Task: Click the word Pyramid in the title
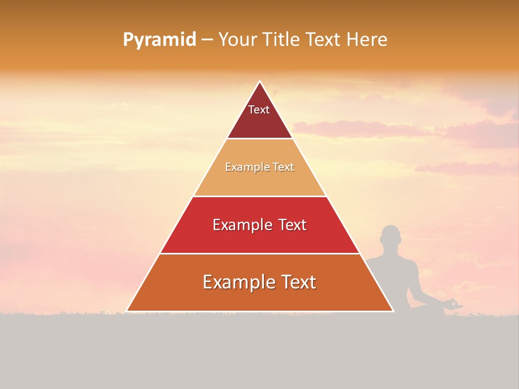coord(159,40)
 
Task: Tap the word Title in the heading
coord(282,39)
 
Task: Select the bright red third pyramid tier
coord(259,238)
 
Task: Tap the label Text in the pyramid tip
coord(259,110)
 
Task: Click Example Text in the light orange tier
coord(259,167)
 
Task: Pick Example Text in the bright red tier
coord(259,225)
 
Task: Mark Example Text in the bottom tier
coord(259,282)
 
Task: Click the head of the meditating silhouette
coord(390,236)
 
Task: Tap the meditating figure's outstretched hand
coord(455,305)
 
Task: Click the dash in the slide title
coord(207,40)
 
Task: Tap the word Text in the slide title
coord(324,39)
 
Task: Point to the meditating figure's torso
coord(394,276)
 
